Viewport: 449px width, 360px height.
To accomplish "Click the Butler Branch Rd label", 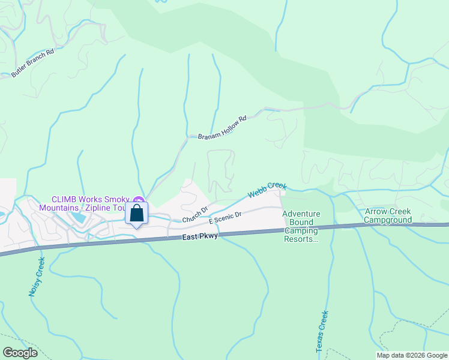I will (x=32, y=62).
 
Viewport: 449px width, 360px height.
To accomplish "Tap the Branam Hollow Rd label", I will (x=223, y=128).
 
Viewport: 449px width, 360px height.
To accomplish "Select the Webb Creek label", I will (x=268, y=190).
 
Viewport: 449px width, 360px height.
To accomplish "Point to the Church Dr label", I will (x=196, y=215).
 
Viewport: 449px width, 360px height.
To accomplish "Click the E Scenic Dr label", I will (x=225, y=218).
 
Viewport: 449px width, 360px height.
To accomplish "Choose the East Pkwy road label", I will (x=199, y=238).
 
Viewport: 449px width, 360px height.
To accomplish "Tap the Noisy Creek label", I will (x=37, y=277).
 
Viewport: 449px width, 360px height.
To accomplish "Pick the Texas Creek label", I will (x=322, y=331).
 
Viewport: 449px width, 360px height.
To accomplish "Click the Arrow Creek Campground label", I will (x=388, y=215).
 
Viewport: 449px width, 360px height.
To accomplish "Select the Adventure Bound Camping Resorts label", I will (x=301, y=226).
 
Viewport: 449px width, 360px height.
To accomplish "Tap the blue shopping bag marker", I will (x=137, y=214).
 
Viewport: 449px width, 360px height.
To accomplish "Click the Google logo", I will (x=20, y=352).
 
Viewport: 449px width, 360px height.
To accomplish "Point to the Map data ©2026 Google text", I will (x=412, y=355).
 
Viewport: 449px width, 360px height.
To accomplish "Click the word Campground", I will (x=388, y=220).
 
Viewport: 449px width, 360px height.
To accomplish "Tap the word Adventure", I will (x=301, y=214).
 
